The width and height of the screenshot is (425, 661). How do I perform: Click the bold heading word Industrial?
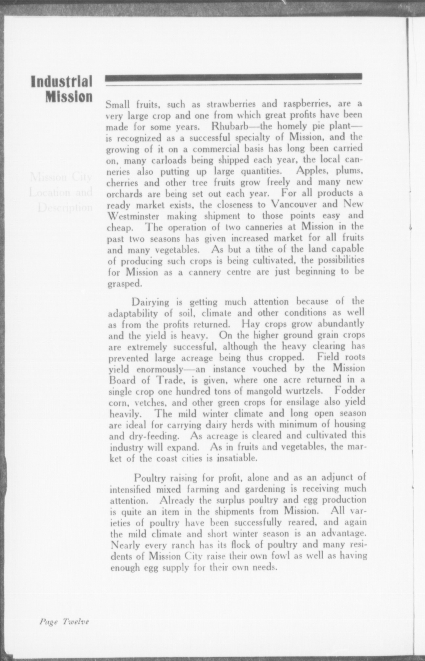62,82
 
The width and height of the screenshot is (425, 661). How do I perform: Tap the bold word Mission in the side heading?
69,97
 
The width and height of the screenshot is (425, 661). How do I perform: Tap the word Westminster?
133,216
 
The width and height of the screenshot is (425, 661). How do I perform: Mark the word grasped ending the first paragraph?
125,284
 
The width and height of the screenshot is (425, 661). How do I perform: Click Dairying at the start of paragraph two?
150,302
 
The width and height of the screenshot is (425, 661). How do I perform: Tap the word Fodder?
350,391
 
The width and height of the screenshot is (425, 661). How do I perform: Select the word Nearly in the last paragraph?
125,545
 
